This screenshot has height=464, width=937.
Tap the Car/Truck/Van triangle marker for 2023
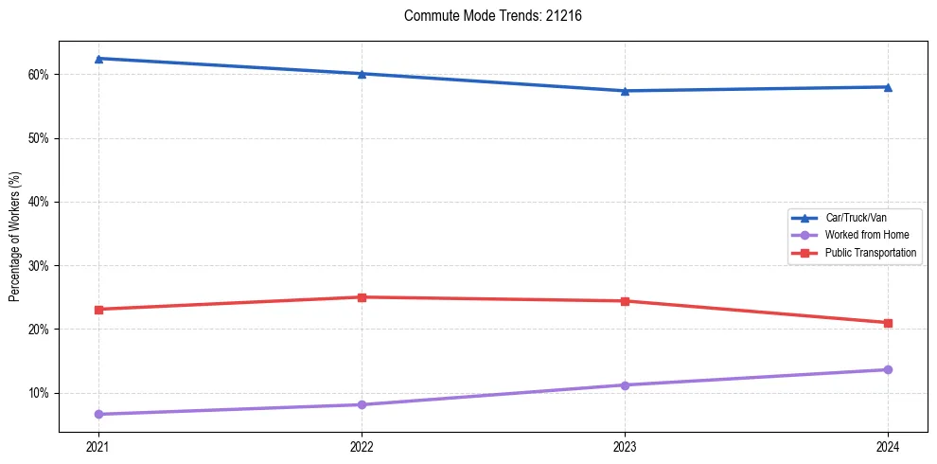click(625, 91)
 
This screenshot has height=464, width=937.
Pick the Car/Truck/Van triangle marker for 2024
click(888, 87)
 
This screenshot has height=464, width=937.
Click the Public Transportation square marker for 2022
click(362, 297)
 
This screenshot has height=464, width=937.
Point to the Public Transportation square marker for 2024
click(888, 323)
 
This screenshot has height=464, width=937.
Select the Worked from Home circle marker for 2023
click(625, 385)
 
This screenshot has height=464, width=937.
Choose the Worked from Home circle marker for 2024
click(888, 369)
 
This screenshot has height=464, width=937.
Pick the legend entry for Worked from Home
click(866, 235)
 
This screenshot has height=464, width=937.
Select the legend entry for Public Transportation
click(870, 253)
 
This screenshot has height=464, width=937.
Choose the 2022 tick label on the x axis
click(362, 445)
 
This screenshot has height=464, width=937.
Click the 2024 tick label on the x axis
click(888, 445)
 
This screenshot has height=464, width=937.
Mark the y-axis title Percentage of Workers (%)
click(14, 237)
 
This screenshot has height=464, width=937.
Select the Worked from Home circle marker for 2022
click(362, 404)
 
